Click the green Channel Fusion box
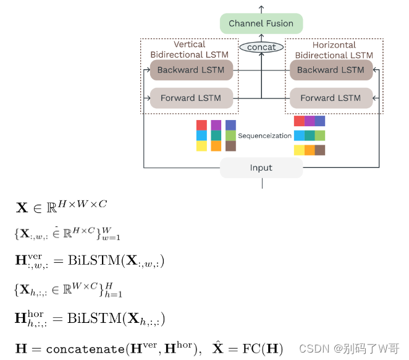tap(261, 24)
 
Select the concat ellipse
tap(261, 47)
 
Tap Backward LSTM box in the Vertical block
tap(191, 70)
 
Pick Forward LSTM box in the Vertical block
tap(191, 98)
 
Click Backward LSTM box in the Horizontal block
tap(331, 70)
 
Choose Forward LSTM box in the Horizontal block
tap(331, 98)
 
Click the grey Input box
tap(261, 168)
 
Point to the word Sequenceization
tap(264, 135)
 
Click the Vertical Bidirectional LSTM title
tap(190, 49)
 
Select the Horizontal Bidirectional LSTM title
tap(334, 50)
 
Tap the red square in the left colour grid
tap(201, 125)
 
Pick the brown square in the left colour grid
tap(230, 146)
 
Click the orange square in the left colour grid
tap(216, 146)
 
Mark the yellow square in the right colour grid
tap(299, 150)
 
